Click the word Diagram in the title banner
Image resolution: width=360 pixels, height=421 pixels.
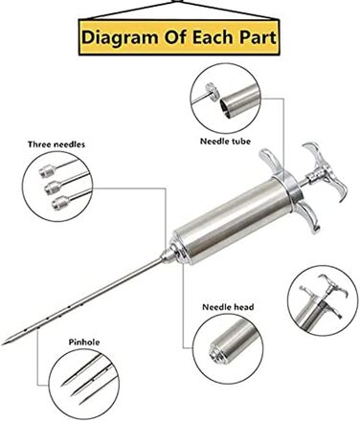click(x=121, y=38)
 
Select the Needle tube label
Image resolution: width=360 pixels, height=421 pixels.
click(x=225, y=141)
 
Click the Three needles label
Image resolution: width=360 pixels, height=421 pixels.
click(x=56, y=144)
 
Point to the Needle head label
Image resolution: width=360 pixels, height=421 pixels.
click(x=228, y=307)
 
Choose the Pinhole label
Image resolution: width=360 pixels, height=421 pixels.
click(x=84, y=343)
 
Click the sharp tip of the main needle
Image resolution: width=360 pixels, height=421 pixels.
click(x=3, y=344)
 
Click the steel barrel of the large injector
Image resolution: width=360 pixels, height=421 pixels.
click(x=233, y=221)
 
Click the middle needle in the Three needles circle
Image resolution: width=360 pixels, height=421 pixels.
click(x=65, y=184)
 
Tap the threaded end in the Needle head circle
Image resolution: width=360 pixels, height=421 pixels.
click(x=215, y=353)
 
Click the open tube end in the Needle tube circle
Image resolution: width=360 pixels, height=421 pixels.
click(x=226, y=107)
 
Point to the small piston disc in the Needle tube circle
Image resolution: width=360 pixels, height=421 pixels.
click(x=212, y=91)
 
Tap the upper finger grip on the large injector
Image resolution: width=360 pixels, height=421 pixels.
click(x=271, y=161)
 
